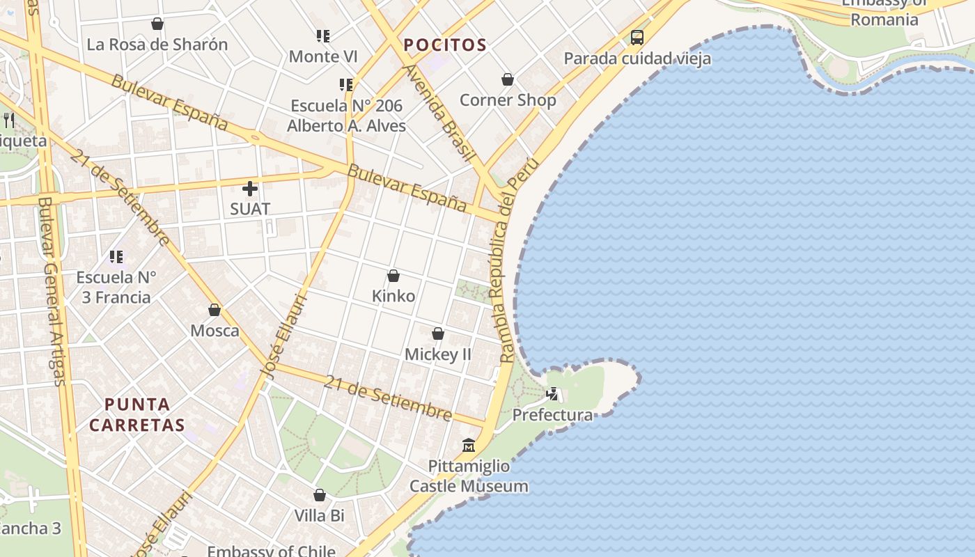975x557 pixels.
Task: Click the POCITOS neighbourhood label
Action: coord(445,45)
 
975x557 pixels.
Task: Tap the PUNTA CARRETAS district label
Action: coord(137,414)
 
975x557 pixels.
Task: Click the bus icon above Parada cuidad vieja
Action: coord(637,38)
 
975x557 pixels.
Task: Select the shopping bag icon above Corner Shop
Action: coord(508,79)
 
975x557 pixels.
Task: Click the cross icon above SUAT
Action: coord(250,189)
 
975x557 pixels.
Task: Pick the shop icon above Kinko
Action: coord(393,276)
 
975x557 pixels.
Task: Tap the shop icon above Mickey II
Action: coord(438,334)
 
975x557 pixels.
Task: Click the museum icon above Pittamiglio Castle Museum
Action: coord(469,445)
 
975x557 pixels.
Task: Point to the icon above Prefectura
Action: coord(552,394)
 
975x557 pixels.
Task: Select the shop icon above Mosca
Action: coord(214,310)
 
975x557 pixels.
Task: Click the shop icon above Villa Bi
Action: coord(320,495)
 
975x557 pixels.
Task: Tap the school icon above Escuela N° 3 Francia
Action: coord(116,257)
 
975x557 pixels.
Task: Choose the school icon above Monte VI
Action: coord(322,36)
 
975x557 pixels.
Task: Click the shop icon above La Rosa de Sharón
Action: coord(157,24)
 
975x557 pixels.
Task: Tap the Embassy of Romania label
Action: coord(884,13)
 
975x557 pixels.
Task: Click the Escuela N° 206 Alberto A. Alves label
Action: coord(346,116)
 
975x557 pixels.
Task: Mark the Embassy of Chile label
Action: coord(271,551)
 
